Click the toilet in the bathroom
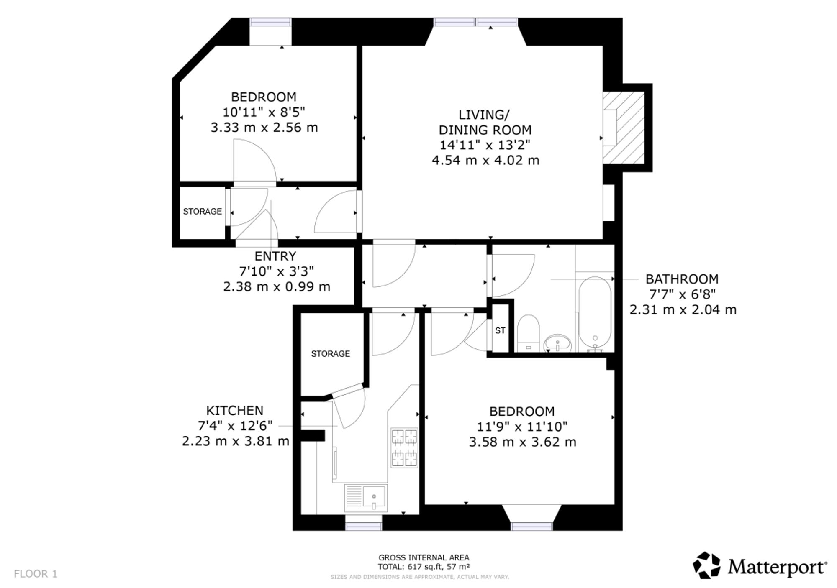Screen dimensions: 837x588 tap(528, 333)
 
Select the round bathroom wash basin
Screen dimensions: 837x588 tap(558, 343)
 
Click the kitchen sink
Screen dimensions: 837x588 tap(366, 498)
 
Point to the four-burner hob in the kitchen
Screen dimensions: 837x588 tap(404, 447)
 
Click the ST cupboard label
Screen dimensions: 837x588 tap(500, 330)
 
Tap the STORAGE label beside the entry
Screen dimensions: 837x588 tap(203, 212)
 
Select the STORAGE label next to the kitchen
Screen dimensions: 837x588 tap(331, 354)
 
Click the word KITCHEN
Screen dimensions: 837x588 tap(235, 411)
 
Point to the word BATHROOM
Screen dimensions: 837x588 tap(682, 279)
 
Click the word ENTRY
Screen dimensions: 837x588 tap(275, 256)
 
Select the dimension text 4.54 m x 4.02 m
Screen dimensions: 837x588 tap(485, 160)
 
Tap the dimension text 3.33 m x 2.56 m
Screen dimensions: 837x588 tap(264, 128)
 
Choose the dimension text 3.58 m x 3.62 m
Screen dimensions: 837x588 tap(522, 442)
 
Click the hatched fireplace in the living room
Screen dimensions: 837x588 tap(624, 128)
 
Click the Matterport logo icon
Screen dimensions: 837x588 tap(707, 565)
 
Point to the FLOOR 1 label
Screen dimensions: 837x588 tap(36, 574)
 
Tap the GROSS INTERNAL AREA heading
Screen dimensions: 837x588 tap(424, 557)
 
